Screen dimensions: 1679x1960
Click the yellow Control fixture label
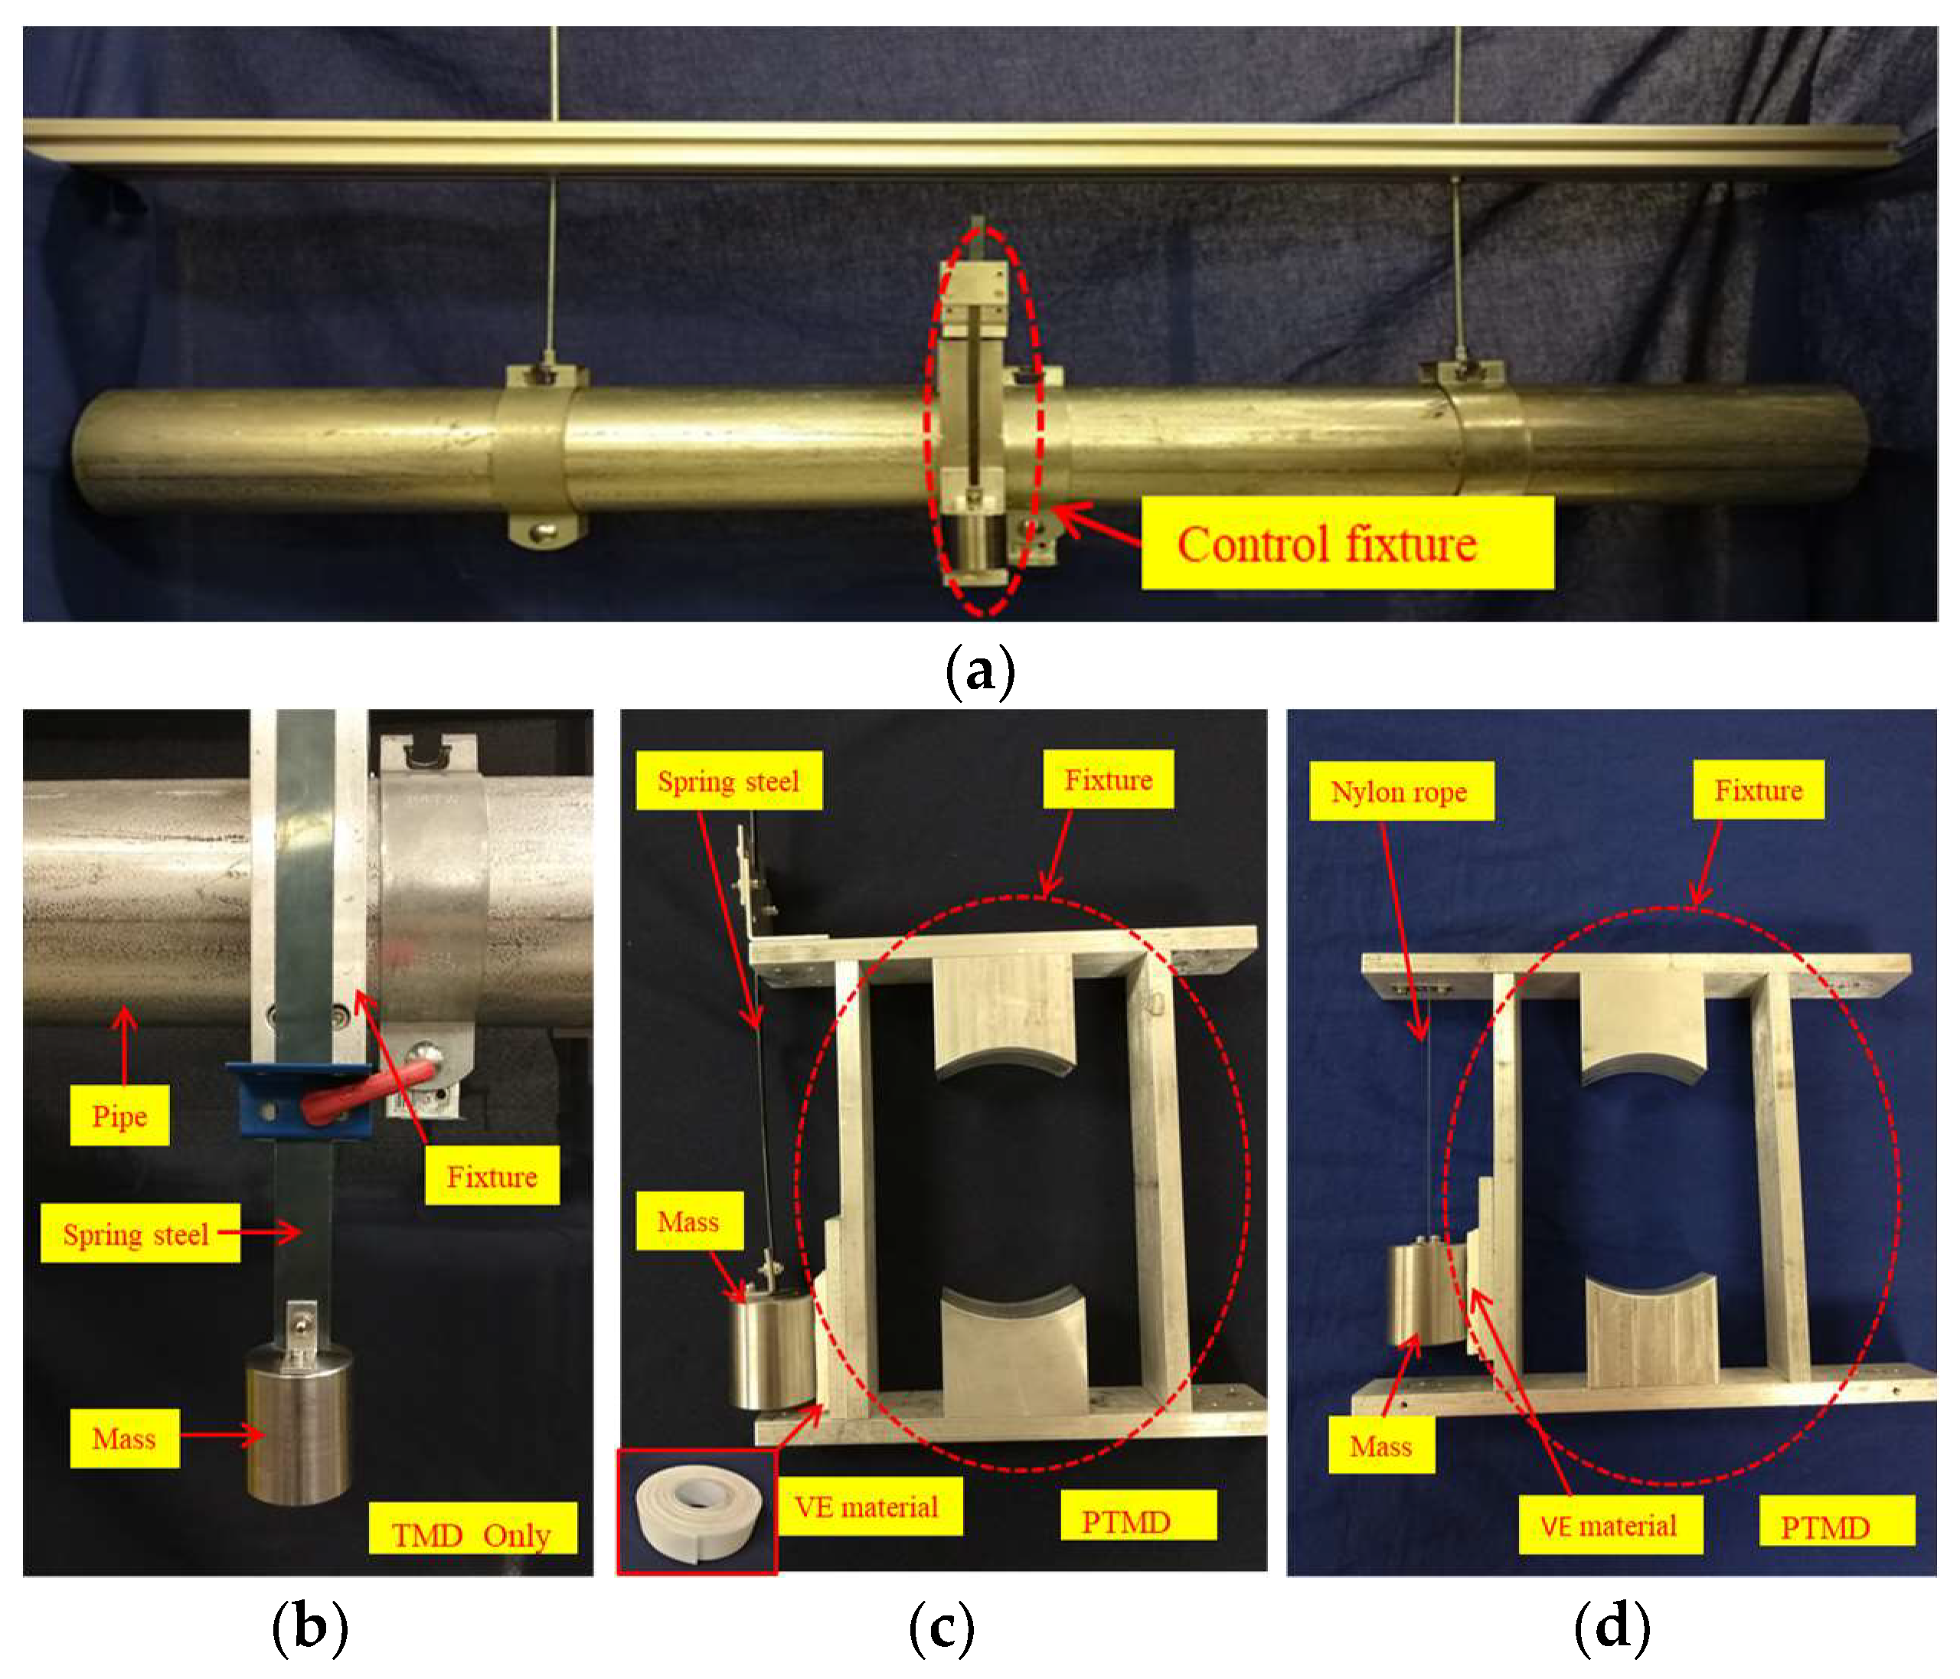point(1346,544)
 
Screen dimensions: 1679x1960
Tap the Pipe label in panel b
point(119,1116)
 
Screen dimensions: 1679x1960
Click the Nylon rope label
point(1400,791)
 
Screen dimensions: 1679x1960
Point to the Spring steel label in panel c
point(728,780)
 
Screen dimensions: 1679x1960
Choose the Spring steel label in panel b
point(138,1233)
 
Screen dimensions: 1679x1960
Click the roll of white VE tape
point(697,1511)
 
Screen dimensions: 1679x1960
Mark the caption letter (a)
point(980,670)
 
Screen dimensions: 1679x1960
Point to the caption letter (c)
point(941,1627)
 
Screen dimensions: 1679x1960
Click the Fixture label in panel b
point(492,1176)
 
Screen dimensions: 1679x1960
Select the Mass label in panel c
point(688,1221)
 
